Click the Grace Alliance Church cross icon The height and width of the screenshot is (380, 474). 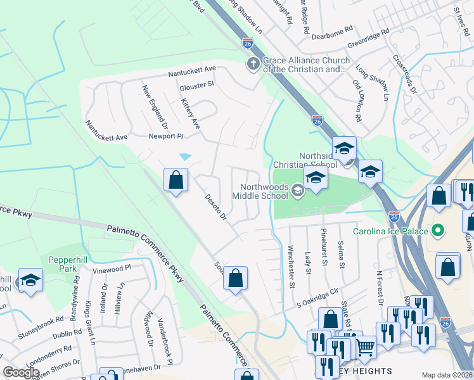click(x=253, y=63)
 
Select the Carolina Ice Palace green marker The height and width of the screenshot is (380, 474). click(x=437, y=230)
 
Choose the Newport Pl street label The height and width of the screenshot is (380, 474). click(x=165, y=136)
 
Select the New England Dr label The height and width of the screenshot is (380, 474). click(x=155, y=104)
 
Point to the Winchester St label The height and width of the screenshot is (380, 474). click(x=291, y=267)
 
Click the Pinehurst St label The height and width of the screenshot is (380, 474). click(x=324, y=248)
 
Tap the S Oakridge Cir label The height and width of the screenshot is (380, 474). click(x=323, y=298)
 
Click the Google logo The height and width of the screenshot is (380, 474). click(x=22, y=372)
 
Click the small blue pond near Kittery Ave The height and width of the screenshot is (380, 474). click(x=185, y=156)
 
